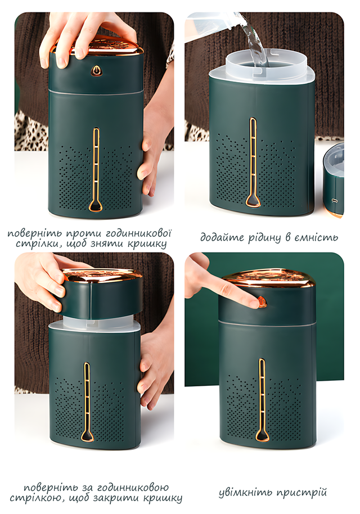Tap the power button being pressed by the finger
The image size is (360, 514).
(x=262, y=302)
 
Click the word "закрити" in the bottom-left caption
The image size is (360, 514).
(x=120, y=499)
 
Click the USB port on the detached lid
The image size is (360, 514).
(x=335, y=201)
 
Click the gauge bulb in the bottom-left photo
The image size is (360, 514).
(x=87, y=435)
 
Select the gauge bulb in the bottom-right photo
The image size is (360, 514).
(x=262, y=435)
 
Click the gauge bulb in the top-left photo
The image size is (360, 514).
(x=96, y=205)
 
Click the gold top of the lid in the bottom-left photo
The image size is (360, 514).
(x=102, y=276)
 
